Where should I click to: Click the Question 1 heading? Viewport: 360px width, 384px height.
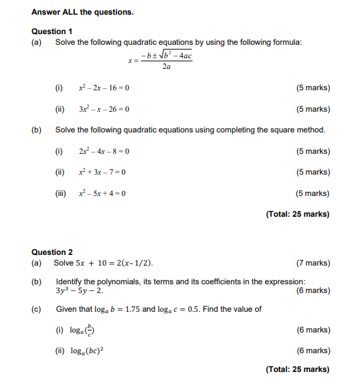pyautogui.click(x=52, y=31)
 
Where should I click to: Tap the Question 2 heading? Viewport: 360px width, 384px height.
pyautogui.click(x=52, y=252)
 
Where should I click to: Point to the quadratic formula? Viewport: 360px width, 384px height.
pyautogui.click(x=161, y=60)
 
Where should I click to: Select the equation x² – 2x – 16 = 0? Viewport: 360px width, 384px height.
pyautogui.click(x=104, y=88)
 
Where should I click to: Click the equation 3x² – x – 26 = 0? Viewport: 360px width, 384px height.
pyautogui.click(x=104, y=109)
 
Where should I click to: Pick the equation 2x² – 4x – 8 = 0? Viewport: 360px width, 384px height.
pyautogui.click(x=104, y=151)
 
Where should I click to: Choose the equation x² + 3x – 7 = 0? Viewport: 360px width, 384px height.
pyautogui.click(x=102, y=173)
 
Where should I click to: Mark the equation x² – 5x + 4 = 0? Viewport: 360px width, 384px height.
pyautogui.click(x=102, y=194)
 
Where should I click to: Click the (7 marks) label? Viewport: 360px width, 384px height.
pyautogui.click(x=312, y=263)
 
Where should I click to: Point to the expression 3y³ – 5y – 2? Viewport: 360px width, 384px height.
pyautogui.click(x=80, y=291)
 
